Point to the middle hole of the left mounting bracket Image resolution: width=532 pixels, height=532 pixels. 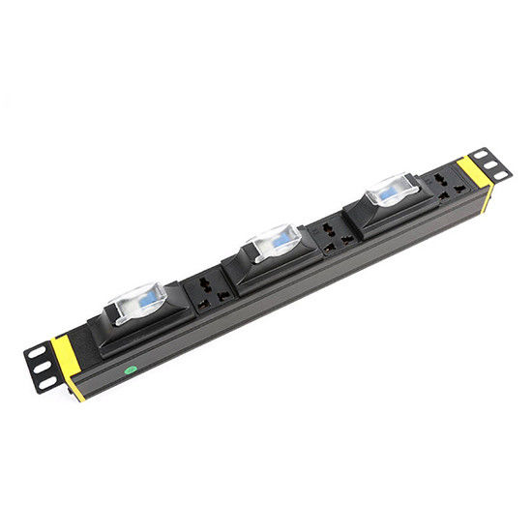pyautogui.click(x=41, y=367)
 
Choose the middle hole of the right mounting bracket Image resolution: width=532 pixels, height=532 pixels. pyautogui.click(x=491, y=163)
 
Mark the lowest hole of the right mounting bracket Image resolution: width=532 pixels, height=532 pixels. pyautogui.click(x=501, y=175)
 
